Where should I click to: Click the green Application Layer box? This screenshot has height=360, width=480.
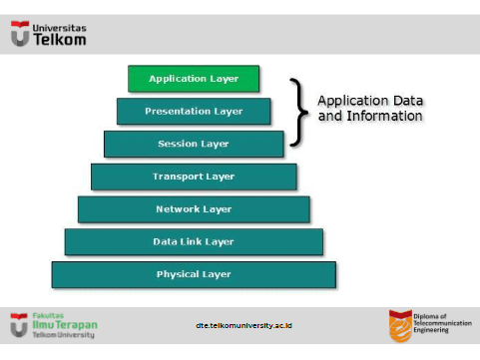[x=194, y=78]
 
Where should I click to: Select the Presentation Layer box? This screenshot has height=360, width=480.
[x=194, y=111]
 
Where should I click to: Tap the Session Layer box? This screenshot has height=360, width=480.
[x=194, y=144]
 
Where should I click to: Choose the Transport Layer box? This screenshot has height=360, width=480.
[x=194, y=177]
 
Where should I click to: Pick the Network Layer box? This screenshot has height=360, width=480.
[x=194, y=209]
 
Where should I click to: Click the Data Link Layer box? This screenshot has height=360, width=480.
[x=194, y=241]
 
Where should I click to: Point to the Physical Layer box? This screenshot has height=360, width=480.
[x=194, y=274]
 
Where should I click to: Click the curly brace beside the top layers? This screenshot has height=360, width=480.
[x=295, y=112]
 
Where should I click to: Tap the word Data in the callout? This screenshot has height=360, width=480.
[x=405, y=101]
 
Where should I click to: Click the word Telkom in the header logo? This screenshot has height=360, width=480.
[x=60, y=41]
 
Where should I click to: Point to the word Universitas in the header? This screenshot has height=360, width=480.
[x=60, y=28]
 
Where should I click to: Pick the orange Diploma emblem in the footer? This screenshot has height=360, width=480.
[x=399, y=324]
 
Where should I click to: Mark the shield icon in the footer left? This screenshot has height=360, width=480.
[x=18, y=324]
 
